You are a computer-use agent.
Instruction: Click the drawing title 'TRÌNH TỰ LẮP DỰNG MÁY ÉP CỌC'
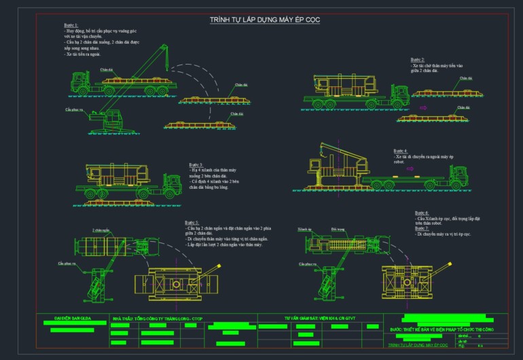(x=265, y=20)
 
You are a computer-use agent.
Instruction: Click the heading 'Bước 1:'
(x=71, y=25)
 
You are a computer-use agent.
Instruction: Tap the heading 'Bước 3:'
(x=196, y=164)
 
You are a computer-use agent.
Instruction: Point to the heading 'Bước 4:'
(x=401, y=151)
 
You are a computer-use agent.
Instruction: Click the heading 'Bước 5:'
(x=192, y=222)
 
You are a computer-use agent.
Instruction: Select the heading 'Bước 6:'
(x=421, y=213)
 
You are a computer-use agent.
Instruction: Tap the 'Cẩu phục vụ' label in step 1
(x=74, y=109)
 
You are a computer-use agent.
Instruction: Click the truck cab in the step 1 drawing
(x=77, y=83)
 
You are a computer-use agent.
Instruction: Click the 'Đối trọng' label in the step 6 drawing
(x=338, y=230)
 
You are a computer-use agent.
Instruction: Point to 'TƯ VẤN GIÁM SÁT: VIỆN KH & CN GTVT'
(x=321, y=317)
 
